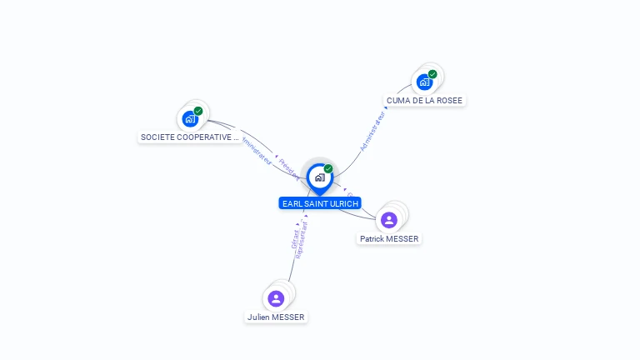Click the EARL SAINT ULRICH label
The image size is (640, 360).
point(320,203)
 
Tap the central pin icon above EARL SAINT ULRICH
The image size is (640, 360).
point(319,177)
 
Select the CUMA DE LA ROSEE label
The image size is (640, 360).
point(424,100)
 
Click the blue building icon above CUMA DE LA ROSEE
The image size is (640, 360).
point(424,82)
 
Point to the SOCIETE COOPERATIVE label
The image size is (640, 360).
point(190,137)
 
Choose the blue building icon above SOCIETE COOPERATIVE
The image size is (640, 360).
point(190,118)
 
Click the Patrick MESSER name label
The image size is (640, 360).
point(389,238)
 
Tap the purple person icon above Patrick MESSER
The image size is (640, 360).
point(388,220)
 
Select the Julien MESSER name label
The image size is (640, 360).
point(276,317)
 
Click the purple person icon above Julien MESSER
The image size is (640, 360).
point(276,298)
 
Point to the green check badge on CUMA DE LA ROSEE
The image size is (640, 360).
point(432,74)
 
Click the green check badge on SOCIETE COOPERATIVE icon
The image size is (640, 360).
point(198,111)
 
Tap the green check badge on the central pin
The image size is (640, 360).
point(328,169)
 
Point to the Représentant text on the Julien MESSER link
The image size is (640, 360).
point(301,240)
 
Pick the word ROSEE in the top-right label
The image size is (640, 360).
point(448,100)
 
